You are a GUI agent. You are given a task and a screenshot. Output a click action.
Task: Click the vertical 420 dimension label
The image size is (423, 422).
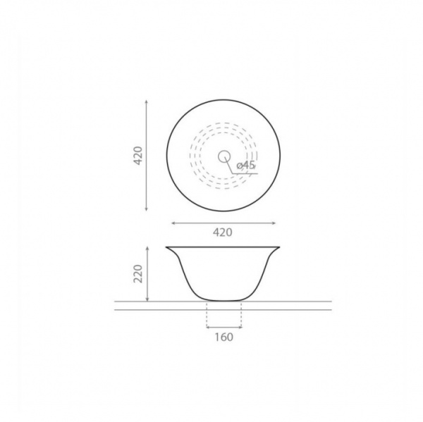[x=138, y=156]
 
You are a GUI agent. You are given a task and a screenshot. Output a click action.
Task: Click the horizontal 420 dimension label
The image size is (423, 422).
[x=223, y=232]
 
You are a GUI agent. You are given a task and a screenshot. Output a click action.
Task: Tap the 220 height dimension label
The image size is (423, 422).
[x=138, y=273]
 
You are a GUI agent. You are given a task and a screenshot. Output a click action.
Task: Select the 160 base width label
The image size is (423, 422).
[x=224, y=337]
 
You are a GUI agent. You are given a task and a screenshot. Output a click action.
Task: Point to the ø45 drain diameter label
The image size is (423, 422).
[x=246, y=165]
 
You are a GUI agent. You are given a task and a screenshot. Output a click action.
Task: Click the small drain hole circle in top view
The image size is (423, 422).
[x=224, y=156]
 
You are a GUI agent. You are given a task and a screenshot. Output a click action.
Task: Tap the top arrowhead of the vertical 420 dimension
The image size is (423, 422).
[x=147, y=101]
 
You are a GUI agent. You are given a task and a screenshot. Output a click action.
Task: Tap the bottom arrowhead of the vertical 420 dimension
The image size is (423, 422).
[x=147, y=209]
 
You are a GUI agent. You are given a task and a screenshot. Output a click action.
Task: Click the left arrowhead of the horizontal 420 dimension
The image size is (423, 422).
[x=173, y=223]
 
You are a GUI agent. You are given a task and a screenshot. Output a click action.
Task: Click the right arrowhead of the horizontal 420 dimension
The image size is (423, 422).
[x=274, y=223]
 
